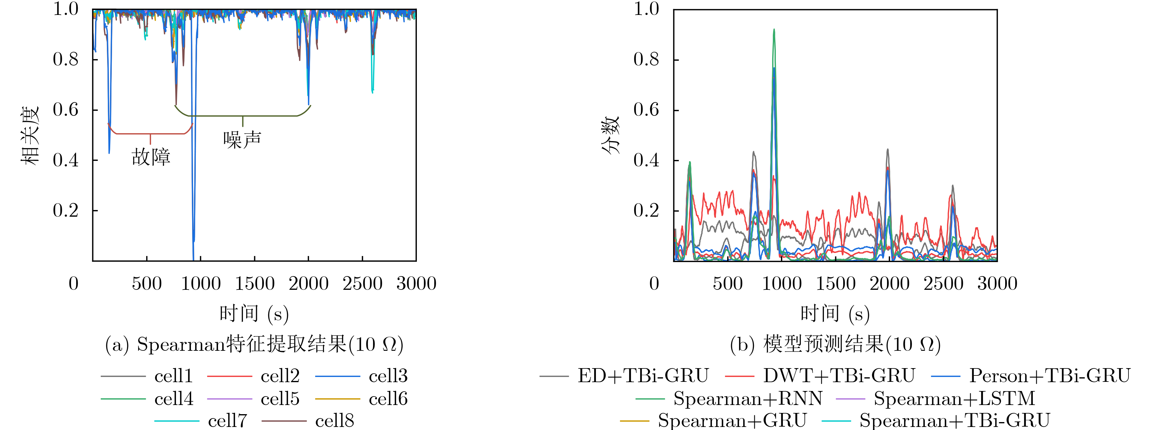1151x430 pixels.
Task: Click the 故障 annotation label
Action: [x=151, y=157]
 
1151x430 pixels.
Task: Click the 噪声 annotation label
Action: [x=242, y=140]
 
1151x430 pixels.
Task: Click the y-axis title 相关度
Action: [x=30, y=135]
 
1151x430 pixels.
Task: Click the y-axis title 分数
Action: [x=611, y=135]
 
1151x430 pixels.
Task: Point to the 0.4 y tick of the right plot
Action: [x=646, y=160]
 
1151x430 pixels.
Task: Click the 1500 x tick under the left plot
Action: [x=255, y=283]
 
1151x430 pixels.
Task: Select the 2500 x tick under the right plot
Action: [x=943, y=283]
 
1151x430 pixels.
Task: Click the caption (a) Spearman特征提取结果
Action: [x=254, y=345]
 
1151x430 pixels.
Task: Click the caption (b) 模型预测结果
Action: [x=835, y=345]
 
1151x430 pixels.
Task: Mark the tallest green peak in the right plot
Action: [x=774, y=30]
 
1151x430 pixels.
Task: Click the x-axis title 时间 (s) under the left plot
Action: [x=254, y=314]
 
